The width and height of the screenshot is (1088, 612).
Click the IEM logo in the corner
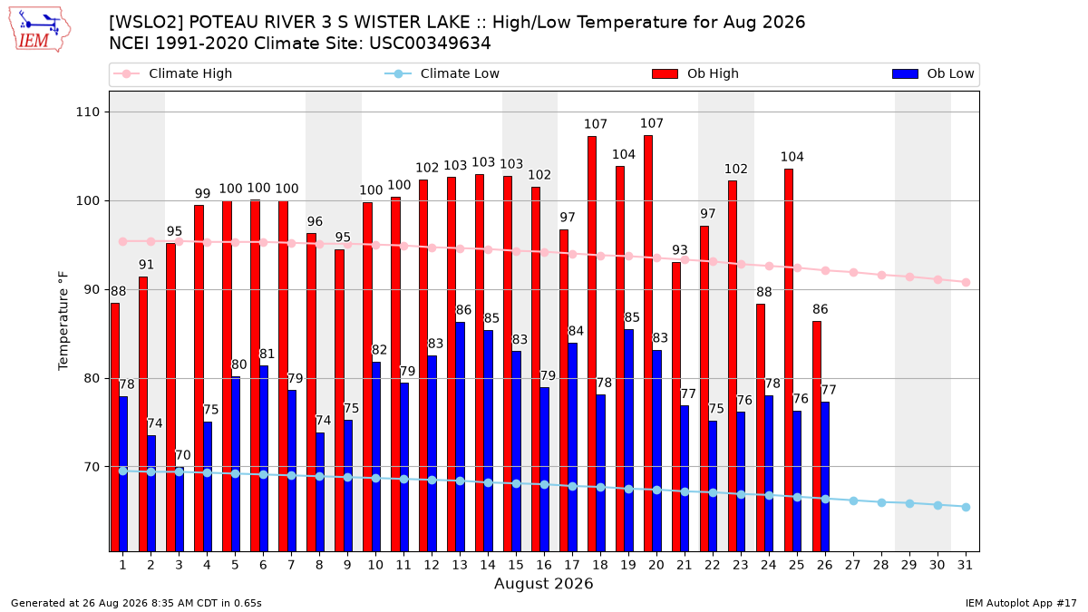click(40, 30)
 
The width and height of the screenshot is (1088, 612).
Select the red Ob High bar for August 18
click(591, 344)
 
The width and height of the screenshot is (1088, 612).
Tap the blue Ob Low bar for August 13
click(460, 437)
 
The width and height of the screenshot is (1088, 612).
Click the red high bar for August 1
click(115, 427)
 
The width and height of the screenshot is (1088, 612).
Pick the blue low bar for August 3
click(180, 510)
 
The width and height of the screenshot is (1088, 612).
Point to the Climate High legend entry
click(173, 73)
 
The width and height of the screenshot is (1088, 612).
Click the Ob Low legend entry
click(933, 73)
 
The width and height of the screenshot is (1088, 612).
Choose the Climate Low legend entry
click(442, 73)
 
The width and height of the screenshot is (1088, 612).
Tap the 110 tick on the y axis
click(87, 112)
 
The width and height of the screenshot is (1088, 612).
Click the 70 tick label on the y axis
click(92, 467)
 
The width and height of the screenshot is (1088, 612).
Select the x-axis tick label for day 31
click(965, 565)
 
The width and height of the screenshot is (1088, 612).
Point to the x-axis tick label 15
click(516, 565)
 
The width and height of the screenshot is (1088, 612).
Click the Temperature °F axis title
click(63, 321)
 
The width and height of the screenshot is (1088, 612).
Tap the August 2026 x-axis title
click(543, 583)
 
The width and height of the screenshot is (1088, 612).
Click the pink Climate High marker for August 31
click(966, 282)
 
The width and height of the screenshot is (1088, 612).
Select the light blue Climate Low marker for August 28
click(881, 502)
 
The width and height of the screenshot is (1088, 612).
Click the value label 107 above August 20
click(651, 123)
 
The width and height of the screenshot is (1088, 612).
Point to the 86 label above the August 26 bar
click(821, 309)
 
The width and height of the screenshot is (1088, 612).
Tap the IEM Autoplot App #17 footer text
click(1021, 603)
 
